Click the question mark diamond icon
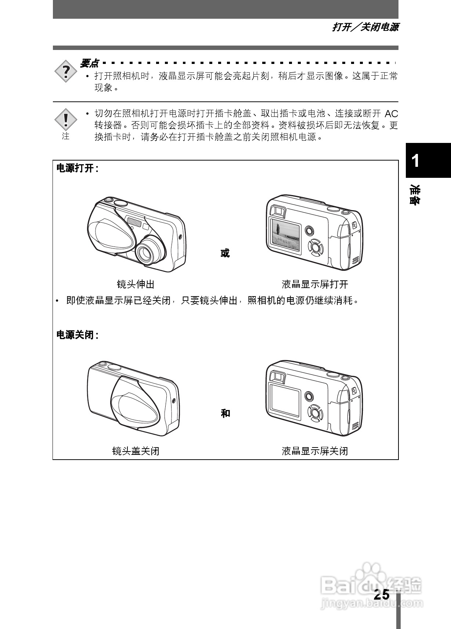[x=66, y=71]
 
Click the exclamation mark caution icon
[x=66, y=120]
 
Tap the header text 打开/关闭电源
[x=365, y=27]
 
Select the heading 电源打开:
[x=77, y=169]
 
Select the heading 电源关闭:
[x=77, y=335]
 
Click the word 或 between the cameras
[x=225, y=253]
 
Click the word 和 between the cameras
[x=225, y=413]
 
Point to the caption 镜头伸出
[x=136, y=284]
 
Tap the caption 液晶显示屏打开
[x=315, y=284]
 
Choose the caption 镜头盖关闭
[x=136, y=451]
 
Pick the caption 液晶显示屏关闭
[x=315, y=451]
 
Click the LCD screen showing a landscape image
[x=286, y=235]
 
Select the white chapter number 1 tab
[x=415, y=161]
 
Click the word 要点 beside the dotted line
[x=89, y=64]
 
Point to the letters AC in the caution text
[x=392, y=114]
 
